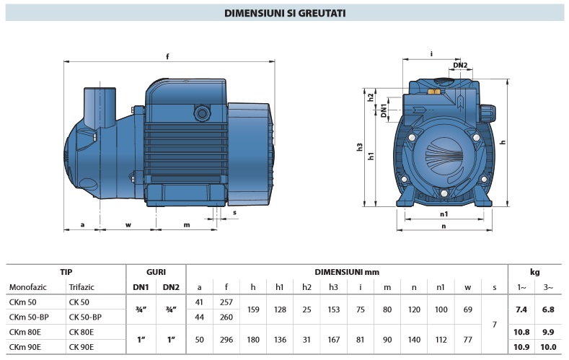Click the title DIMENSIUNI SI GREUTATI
[x=284, y=13]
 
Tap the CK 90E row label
[x=83, y=347]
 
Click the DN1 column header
[x=141, y=287]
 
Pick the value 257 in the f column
[x=226, y=302]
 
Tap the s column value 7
[x=494, y=325]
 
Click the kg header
[x=535, y=272]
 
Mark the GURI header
[x=156, y=272]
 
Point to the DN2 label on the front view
[x=461, y=66]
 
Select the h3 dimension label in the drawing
[x=360, y=147]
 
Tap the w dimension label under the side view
[x=128, y=224]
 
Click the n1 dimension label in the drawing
[x=444, y=214]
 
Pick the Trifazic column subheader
[x=81, y=287]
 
